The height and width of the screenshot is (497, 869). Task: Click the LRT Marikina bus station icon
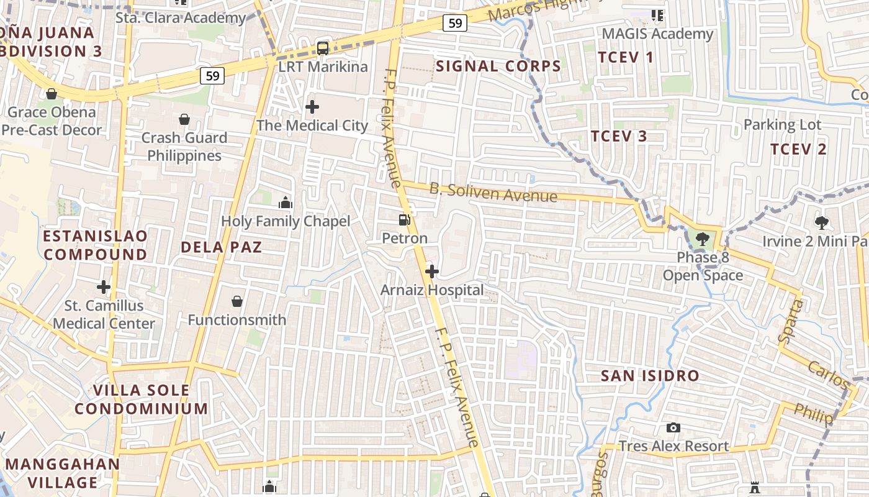point(323,48)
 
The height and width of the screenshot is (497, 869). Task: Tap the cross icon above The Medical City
point(312,107)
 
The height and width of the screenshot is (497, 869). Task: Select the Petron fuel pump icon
point(404,219)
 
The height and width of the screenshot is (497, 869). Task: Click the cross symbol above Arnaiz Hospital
point(432,271)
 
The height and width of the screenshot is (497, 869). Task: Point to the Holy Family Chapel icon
point(286,203)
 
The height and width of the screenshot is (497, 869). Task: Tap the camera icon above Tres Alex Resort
point(673,427)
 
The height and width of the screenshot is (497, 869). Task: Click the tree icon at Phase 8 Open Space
point(702,239)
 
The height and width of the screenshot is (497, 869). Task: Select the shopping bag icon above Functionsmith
point(237,301)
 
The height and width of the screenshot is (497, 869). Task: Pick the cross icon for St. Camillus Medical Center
point(104,287)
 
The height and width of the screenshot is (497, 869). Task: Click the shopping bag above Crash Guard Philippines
point(184,119)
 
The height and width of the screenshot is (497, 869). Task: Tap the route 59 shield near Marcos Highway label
point(455,23)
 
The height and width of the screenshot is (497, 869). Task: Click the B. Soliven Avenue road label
point(493,193)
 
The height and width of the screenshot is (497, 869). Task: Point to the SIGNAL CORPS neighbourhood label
point(498,66)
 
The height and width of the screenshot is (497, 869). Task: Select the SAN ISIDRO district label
point(650,376)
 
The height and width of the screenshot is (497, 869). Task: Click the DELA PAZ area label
point(221,247)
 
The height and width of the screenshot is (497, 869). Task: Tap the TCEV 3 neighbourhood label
point(619,136)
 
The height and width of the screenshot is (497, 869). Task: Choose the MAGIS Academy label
point(657,34)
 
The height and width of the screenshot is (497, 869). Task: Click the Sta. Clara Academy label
point(181,17)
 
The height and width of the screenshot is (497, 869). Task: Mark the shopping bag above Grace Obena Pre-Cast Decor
point(52,94)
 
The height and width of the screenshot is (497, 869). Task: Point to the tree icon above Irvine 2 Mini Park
point(822,222)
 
